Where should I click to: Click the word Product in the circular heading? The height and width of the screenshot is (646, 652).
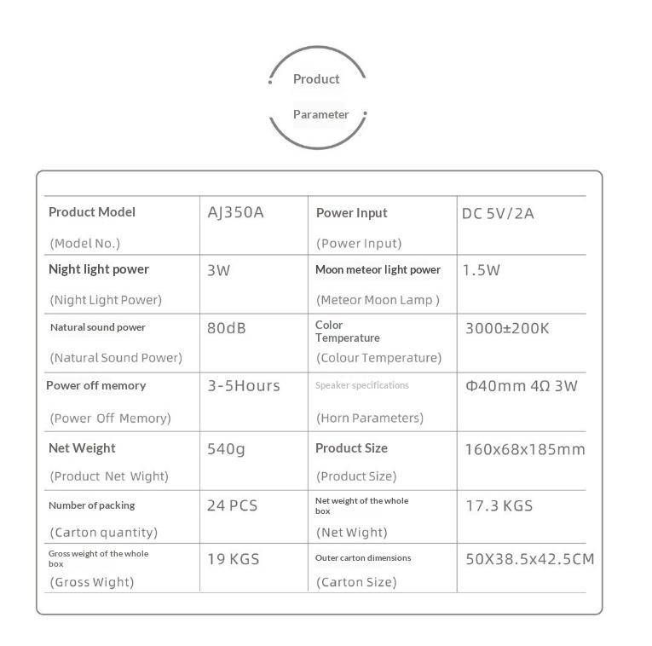click(x=316, y=79)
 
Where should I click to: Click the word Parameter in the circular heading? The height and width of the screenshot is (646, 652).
click(x=321, y=114)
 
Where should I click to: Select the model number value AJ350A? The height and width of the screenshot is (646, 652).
click(x=236, y=212)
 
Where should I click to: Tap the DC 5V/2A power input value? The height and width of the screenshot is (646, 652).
click(x=498, y=213)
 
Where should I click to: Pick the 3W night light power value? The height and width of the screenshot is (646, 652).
click(x=219, y=271)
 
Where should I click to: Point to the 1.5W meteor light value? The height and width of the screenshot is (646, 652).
click(x=482, y=270)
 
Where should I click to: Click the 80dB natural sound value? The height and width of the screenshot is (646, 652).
click(x=227, y=327)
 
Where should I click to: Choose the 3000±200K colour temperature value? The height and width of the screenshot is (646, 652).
click(x=507, y=327)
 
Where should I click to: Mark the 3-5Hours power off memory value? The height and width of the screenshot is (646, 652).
click(x=244, y=386)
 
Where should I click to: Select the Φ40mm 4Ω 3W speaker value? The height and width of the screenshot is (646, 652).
click(x=521, y=385)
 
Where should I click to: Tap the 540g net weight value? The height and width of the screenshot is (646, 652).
click(x=226, y=449)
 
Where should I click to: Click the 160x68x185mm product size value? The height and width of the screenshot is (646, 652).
click(x=525, y=449)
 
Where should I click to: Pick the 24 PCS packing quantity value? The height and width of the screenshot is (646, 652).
click(x=232, y=505)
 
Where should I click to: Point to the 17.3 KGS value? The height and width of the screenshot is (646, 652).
click(x=499, y=505)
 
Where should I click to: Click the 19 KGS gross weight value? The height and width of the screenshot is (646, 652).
click(x=234, y=560)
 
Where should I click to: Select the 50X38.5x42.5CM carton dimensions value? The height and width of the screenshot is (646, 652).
click(x=529, y=560)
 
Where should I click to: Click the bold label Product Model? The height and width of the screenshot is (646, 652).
click(x=92, y=212)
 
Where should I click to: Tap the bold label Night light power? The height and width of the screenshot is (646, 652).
click(x=99, y=269)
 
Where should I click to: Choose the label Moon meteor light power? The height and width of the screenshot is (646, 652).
click(x=378, y=270)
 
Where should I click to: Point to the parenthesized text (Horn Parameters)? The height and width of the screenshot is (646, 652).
click(x=370, y=418)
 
